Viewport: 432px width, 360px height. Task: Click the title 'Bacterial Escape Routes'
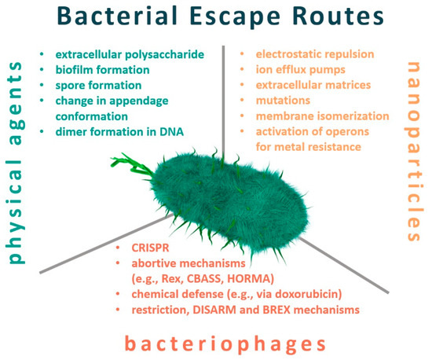click(x=215, y=16)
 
